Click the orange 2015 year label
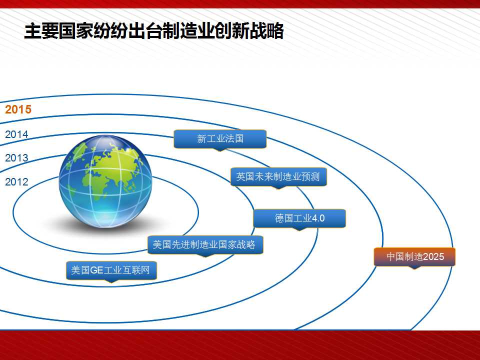[x=18, y=109]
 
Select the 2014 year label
[x=16, y=134]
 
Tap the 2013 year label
[x=16, y=157]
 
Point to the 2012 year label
[x=16, y=182]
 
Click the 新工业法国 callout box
[x=220, y=139]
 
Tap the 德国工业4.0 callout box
[x=299, y=218]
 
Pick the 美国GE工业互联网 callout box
[x=111, y=270]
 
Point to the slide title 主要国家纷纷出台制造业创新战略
[x=154, y=31]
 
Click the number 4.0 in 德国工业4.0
[x=318, y=218]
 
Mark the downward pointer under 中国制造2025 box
[x=414, y=267]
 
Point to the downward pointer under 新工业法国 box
[x=220, y=150]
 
